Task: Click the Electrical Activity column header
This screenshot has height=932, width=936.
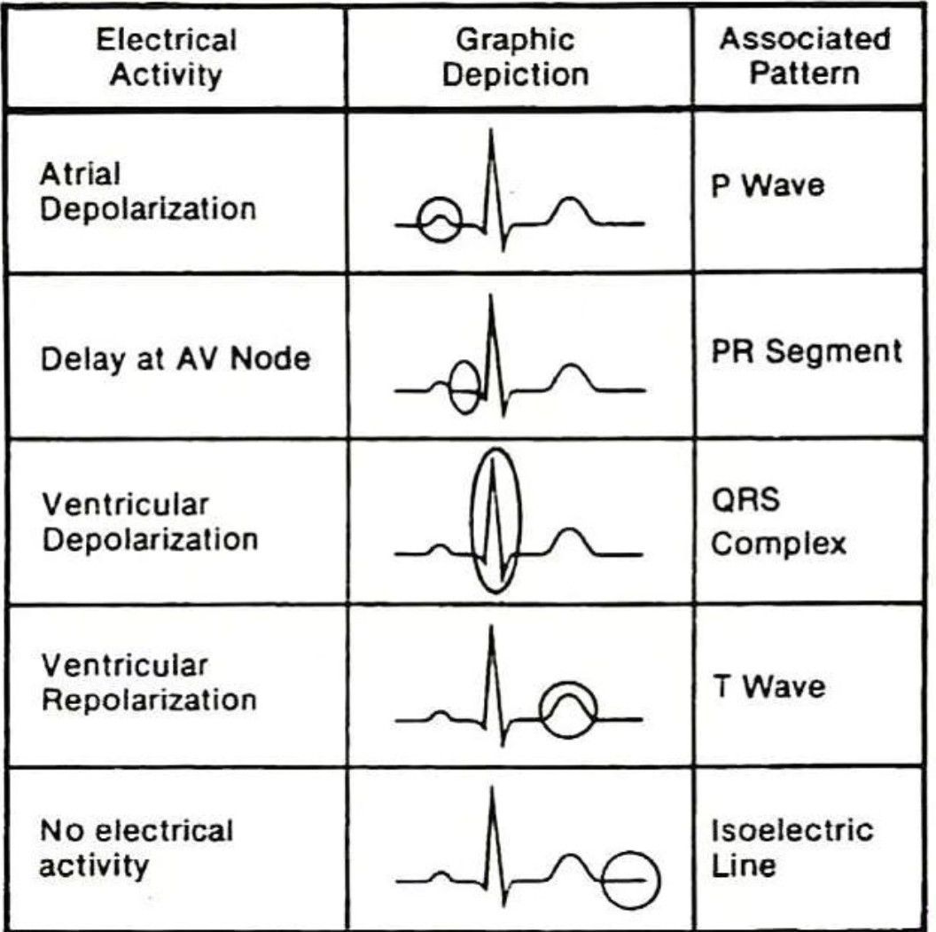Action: tap(167, 58)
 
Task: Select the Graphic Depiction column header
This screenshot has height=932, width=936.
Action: tap(515, 58)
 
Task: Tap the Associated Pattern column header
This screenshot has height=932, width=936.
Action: tap(805, 56)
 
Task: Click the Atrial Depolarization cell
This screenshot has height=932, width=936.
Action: tap(148, 192)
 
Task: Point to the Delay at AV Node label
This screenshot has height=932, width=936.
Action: tap(175, 359)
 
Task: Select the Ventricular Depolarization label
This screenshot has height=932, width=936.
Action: tap(150, 522)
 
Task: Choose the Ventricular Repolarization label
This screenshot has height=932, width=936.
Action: tap(149, 683)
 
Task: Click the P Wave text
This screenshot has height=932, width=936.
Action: tap(768, 185)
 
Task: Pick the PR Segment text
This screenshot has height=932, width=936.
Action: tap(807, 351)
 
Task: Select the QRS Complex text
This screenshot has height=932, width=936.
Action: tap(778, 521)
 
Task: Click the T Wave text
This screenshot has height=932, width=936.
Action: tap(768, 686)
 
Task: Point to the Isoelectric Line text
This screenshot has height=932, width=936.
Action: tap(792, 848)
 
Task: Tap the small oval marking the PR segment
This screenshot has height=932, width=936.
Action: tap(448, 388)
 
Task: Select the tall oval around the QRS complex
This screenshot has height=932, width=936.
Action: tap(472, 521)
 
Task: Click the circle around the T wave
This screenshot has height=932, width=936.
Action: tap(541, 710)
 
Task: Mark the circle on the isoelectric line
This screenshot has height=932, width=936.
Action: tap(602, 880)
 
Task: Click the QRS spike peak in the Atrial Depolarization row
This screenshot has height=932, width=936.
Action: tap(491, 130)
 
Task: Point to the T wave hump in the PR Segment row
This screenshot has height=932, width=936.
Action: tap(570, 365)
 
